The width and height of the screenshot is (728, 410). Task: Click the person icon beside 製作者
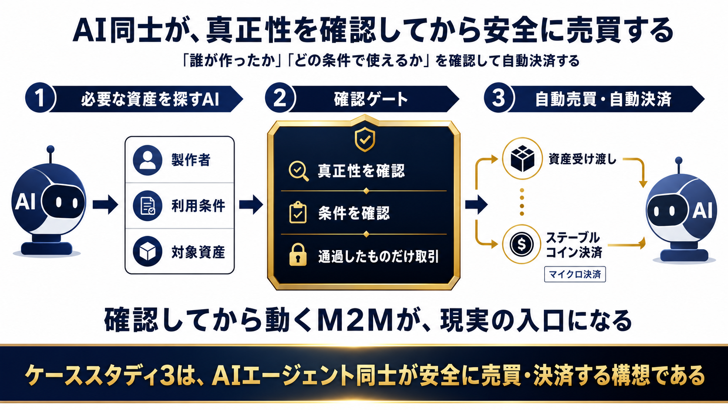click(x=148, y=160)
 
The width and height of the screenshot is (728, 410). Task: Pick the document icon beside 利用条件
click(x=148, y=206)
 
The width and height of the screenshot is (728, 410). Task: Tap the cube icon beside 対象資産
click(x=148, y=251)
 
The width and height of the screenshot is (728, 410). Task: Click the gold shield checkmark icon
click(x=364, y=139)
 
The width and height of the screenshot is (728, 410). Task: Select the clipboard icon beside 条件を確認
click(x=298, y=213)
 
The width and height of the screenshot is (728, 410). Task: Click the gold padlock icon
click(x=298, y=255)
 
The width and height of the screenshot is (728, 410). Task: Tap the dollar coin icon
click(x=522, y=244)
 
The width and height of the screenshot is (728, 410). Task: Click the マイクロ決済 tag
click(x=575, y=274)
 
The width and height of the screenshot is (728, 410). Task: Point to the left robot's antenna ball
click(x=51, y=149)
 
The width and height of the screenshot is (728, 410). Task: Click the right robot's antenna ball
click(x=678, y=161)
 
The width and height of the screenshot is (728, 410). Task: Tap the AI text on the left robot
click(x=25, y=202)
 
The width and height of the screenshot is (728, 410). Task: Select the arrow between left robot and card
click(x=105, y=205)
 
